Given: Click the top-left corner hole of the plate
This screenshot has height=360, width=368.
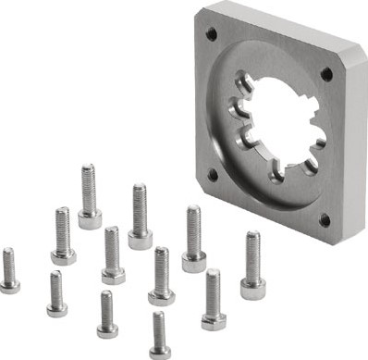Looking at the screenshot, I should (x=212, y=34).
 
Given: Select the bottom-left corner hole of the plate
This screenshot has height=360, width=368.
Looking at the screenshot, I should (x=213, y=173).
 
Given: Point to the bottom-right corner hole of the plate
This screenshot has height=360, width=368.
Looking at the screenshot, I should (x=324, y=220).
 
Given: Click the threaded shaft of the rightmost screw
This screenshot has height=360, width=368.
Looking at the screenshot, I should (x=251, y=254).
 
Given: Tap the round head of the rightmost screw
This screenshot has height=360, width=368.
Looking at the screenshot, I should (x=251, y=289).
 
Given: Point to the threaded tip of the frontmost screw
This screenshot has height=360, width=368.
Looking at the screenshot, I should (x=159, y=319).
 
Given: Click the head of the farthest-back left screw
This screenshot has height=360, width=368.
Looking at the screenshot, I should (x=90, y=219).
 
